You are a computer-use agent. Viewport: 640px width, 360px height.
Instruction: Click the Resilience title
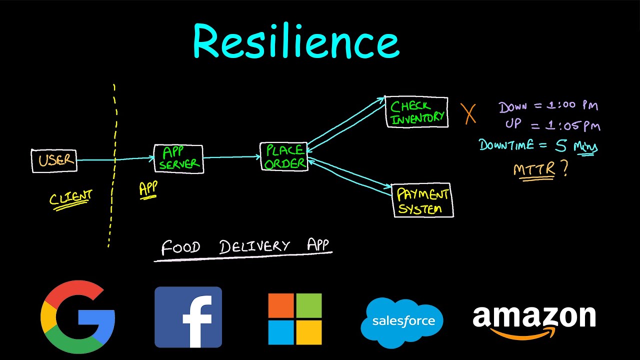coord(296,42)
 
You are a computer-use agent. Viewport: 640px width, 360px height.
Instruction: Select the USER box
coord(54,160)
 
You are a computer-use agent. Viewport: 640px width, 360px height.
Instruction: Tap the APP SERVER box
coord(178,159)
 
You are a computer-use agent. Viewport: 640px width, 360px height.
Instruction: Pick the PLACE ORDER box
coord(284,156)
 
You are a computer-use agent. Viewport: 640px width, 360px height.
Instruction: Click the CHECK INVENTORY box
coord(417,112)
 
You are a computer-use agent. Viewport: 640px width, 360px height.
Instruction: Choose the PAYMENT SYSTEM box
coord(422,200)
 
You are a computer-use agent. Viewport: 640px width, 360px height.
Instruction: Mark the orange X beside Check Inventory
coord(468,114)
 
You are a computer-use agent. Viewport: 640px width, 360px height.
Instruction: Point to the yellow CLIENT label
coord(70,198)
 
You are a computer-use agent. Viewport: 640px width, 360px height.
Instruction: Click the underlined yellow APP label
coord(148,189)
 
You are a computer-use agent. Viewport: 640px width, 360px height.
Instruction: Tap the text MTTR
coord(534,169)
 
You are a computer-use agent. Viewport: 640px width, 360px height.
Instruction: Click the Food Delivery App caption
coord(245,247)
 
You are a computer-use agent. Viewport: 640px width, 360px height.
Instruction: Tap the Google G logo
coord(78,314)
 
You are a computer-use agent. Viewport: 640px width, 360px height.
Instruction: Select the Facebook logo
coord(188,317)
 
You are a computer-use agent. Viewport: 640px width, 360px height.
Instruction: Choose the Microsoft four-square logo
coord(294,319)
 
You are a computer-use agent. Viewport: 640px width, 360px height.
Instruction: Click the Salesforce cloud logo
coord(402,321)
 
